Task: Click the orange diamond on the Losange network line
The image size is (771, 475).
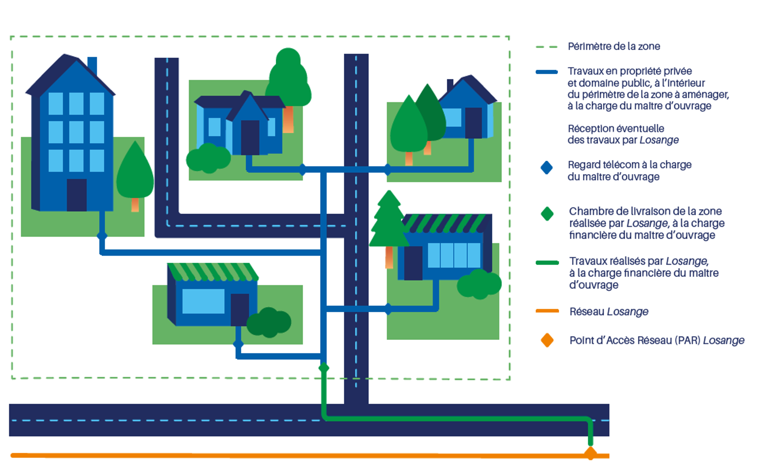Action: (x=590, y=453)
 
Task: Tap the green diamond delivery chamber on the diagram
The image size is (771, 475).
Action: (x=324, y=368)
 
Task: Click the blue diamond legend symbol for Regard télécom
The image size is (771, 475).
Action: (x=547, y=168)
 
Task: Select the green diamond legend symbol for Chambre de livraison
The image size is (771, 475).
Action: (x=547, y=214)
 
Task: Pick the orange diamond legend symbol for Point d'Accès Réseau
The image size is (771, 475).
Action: (x=547, y=340)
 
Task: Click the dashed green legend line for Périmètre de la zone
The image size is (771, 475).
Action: (x=547, y=47)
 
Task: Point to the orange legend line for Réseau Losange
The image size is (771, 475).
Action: (x=547, y=311)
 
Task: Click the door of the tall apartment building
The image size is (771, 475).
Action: (x=77, y=195)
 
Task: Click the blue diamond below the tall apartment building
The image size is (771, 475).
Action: (x=102, y=236)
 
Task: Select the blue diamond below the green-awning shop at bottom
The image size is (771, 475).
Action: (x=238, y=344)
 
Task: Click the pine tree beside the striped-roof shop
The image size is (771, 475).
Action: (x=389, y=220)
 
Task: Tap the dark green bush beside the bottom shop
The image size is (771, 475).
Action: (x=269, y=322)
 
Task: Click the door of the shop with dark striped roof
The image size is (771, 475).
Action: (x=413, y=263)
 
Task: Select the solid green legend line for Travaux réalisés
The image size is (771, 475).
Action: (x=547, y=263)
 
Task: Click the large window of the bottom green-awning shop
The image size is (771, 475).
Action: (x=203, y=301)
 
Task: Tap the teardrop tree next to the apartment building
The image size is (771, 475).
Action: (x=135, y=173)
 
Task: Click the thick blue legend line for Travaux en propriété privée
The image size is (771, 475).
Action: (x=547, y=72)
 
